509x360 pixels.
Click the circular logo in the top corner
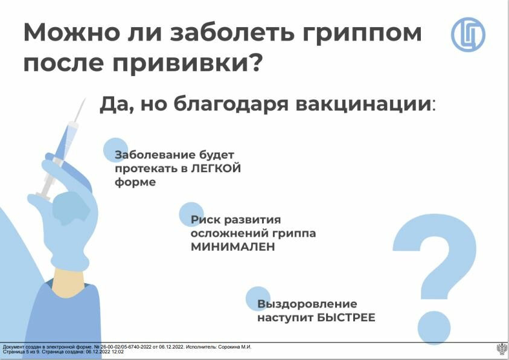click(468, 35)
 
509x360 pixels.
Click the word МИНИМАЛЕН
click(232, 246)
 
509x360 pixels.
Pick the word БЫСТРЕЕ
click(346, 317)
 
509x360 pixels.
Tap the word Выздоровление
click(307, 304)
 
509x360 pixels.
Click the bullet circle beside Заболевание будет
click(115, 150)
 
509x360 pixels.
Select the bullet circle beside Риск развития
click(191, 214)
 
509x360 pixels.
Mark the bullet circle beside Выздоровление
click(258, 299)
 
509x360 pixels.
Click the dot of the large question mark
click(434, 328)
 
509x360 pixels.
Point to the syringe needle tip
click(85, 98)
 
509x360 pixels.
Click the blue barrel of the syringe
click(66, 142)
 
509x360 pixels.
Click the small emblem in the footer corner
click(502, 350)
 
